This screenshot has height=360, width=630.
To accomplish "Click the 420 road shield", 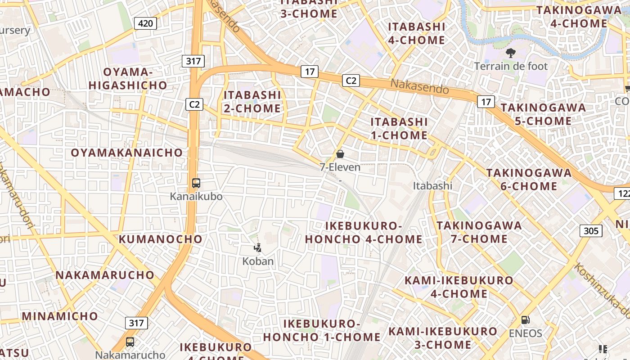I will click(145, 23).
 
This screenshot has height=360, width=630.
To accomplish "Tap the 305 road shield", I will click(590, 231).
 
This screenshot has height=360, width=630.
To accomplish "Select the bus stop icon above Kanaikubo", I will click(196, 183).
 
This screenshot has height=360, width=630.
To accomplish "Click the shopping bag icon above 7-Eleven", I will click(340, 154).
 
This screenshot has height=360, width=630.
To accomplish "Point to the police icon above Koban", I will click(258, 247).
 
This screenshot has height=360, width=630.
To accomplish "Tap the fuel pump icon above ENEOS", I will click(525, 320).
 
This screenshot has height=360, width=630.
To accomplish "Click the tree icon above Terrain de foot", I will click(510, 53).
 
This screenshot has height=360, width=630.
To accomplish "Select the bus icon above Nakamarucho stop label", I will click(130, 342).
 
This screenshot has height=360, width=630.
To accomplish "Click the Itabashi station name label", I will click(432, 186).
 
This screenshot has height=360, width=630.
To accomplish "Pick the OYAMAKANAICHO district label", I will click(127, 153).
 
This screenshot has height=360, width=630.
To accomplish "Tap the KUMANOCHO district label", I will click(161, 239).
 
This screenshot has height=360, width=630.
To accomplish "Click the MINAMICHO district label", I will click(60, 316).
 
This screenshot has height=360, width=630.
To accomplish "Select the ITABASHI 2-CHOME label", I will click(252, 102).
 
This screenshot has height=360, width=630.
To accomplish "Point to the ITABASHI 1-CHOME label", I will click(399, 128).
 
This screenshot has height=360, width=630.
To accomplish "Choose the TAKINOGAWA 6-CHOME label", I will click(529, 180).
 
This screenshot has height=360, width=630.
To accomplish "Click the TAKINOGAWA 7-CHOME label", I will click(479, 232).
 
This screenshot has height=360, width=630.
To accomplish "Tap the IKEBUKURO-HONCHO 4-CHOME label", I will click(364, 232).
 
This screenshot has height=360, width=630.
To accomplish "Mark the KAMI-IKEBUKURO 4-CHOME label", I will click(459, 287).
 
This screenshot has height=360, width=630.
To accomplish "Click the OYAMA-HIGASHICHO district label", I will click(128, 78).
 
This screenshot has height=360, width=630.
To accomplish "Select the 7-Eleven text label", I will click(340, 167).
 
